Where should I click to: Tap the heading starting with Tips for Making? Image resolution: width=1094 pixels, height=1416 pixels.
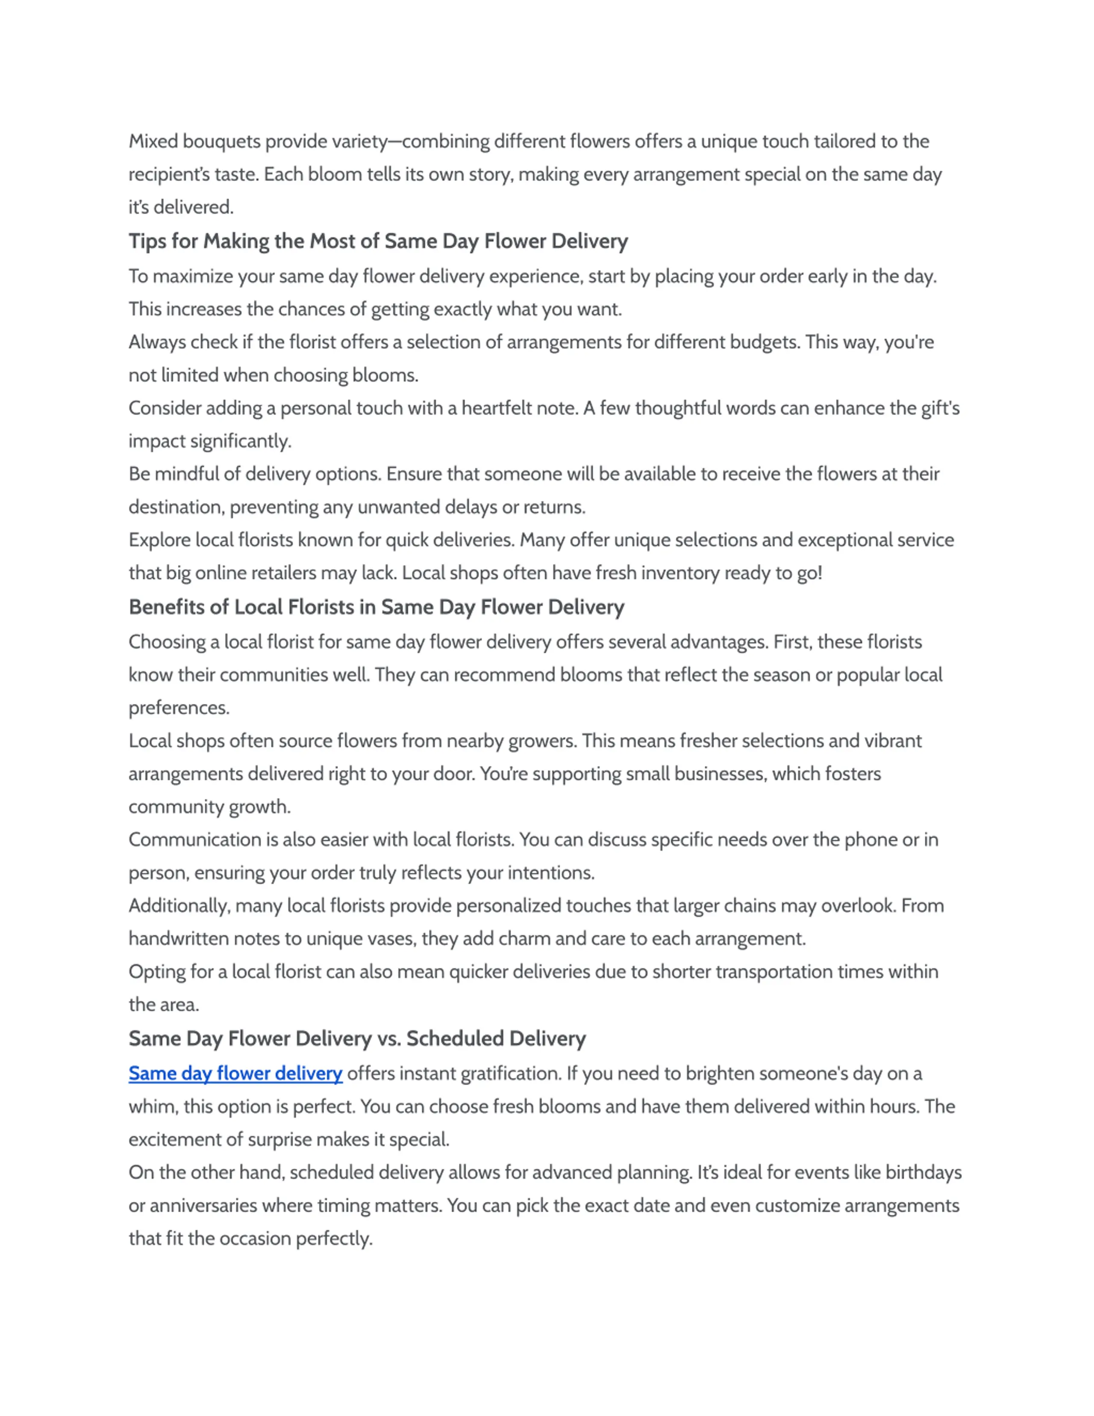pos(378,241)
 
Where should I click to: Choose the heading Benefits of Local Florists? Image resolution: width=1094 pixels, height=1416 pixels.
pos(376,607)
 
